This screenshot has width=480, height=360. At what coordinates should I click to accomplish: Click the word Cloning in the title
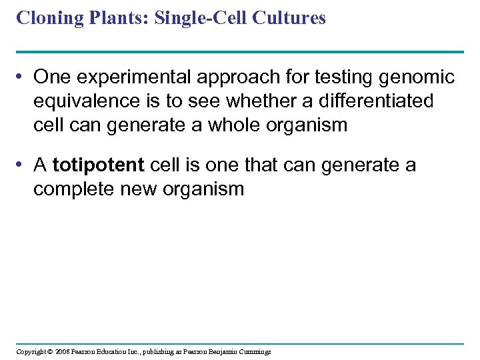pyautogui.click(x=43, y=18)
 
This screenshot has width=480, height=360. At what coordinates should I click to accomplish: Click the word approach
pyautogui.click(x=231, y=78)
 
